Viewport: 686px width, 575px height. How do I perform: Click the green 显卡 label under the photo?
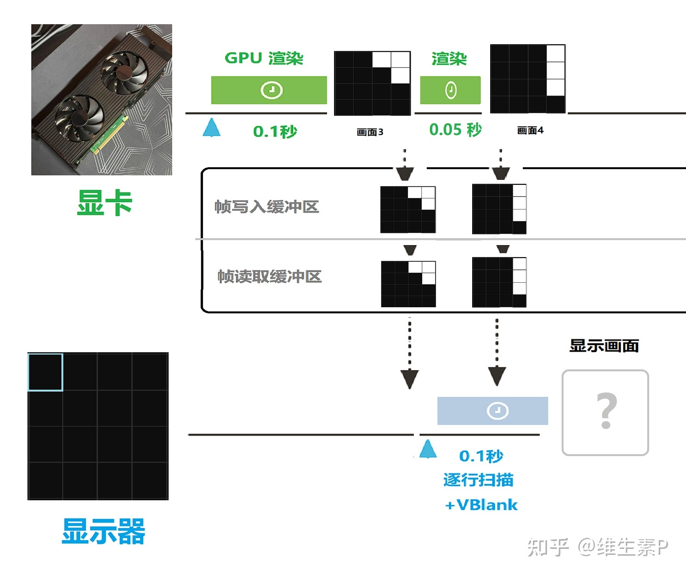[104, 203]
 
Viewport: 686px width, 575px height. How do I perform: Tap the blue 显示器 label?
[103, 531]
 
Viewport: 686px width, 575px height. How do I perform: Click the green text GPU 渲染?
[264, 58]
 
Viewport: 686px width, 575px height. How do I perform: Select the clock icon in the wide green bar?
[271, 90]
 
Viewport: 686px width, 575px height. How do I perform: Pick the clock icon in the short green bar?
[451, 90]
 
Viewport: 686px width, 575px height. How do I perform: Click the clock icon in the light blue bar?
[498, 411]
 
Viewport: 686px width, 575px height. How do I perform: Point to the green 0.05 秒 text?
[455, 130]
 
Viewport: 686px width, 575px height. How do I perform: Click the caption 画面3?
[370, 132]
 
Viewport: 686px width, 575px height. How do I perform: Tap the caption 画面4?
[530, 131]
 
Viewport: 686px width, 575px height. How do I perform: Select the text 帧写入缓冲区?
[267, 207]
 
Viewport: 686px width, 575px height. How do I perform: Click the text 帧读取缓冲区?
[269, 276]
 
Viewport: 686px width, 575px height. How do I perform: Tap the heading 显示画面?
[604, 346]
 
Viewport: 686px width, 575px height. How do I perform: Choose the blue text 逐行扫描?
[478, 480]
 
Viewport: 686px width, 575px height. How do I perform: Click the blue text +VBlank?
[481, 505]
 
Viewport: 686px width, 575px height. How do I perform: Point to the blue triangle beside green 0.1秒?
[212, 128]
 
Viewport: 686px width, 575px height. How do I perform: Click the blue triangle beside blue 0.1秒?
[428, 450]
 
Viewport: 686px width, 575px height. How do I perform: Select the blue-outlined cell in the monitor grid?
[45, 372]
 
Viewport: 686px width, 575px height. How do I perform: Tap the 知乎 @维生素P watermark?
[598, 547]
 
